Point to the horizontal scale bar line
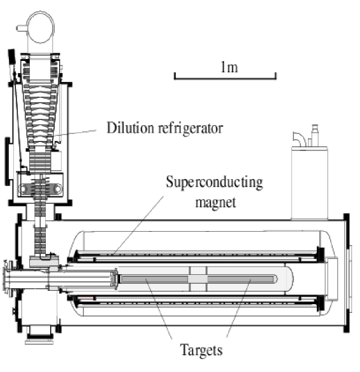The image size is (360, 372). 225,77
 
